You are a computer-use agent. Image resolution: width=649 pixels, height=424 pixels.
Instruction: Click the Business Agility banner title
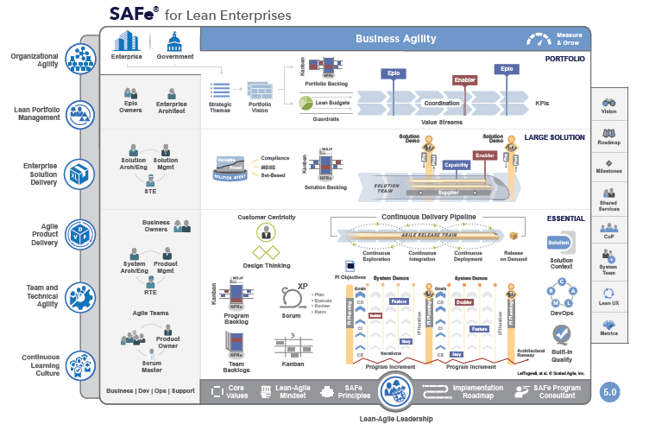coord(395,39)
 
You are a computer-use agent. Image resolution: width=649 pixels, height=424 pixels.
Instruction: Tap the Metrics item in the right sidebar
coord(608,327)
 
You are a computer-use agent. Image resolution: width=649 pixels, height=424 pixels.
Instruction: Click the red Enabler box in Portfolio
coord(464,80)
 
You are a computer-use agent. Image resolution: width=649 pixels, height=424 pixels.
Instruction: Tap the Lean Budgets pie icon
coord(306,103)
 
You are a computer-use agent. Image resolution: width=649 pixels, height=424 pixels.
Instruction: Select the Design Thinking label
coord(265,266)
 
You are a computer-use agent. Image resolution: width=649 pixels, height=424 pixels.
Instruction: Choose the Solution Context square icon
coord(559,244)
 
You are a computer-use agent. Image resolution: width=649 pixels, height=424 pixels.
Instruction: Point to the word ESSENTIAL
coord(565,218)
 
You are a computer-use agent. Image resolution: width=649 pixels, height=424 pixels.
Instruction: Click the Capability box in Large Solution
coord(457,164)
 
